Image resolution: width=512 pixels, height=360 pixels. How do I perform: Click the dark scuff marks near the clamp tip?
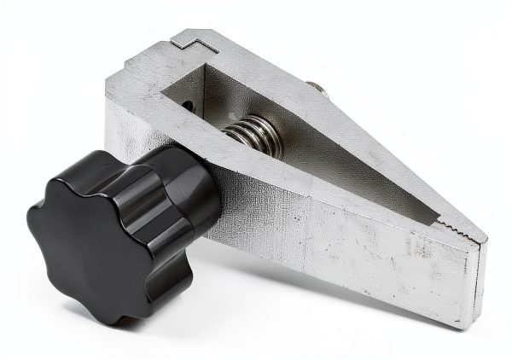point(418,247)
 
